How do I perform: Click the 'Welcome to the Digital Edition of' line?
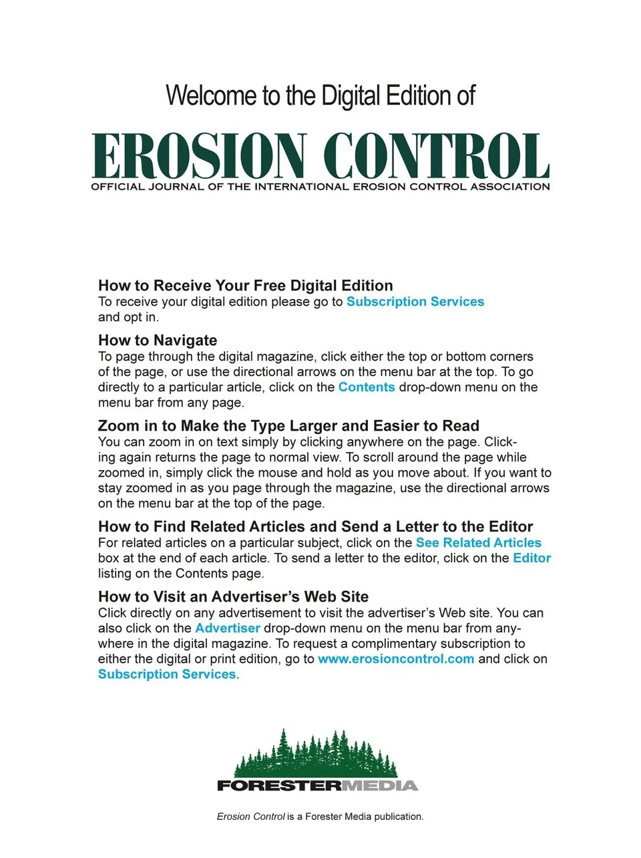tap(320, 95)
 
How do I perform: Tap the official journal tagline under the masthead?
tap(320, 187)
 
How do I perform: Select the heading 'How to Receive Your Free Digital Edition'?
tap(245, 286)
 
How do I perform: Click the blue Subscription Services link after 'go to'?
tap(415, 302)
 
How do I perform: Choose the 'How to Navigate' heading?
tap(158, 341)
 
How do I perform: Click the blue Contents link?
tap(367, 387)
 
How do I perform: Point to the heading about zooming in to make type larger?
tap(288, 426)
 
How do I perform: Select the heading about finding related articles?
tap(315, 527)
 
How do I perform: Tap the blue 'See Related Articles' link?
tap(478, 543)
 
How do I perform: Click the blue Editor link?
tap(531, 558)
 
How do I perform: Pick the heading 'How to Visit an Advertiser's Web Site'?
tap(233, 597)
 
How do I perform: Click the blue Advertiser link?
tap(227, 628)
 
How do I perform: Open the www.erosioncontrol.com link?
tap(396, 659)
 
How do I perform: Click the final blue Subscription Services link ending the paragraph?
tap(167, 674)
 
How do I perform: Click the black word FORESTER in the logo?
tap(279, 786)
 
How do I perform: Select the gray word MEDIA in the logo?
tap(380, 786)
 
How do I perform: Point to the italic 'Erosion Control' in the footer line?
tap(250, 817)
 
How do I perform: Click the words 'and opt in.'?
tap(128, 317)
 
